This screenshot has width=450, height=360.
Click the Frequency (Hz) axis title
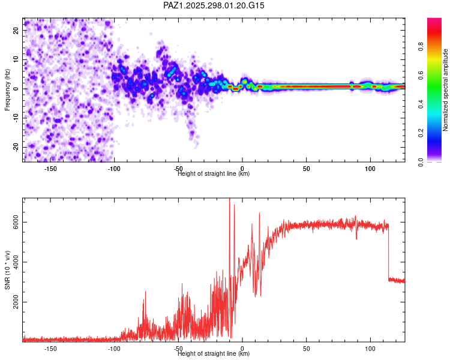pos(7,89)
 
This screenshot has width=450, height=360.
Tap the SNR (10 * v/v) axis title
pos(7,270)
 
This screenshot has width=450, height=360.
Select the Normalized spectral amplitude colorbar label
pos(446,90)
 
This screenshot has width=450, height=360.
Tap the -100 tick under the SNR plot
pos(114,349)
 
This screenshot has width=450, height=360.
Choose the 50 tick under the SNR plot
pos(306,349)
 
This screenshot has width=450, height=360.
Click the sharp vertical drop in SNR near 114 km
pos(388,252)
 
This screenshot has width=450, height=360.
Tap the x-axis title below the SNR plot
pos(214,354)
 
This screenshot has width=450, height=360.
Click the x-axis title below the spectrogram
pos(214,174)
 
